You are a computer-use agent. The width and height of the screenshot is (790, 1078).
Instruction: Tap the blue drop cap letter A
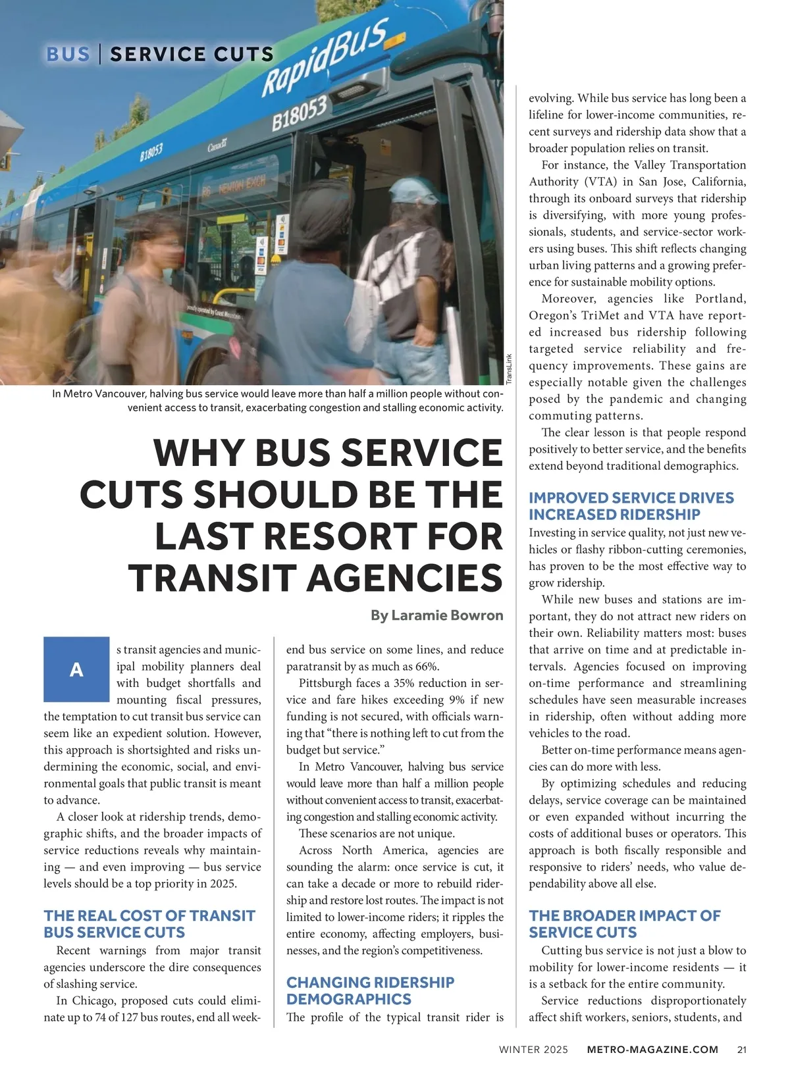coord(76,669)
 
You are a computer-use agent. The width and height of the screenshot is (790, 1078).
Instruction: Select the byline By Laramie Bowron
coord(436,615)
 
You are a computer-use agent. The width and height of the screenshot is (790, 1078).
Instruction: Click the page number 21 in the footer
coord(742,1050)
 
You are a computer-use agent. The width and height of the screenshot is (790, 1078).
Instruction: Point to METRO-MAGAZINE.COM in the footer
coord(652,1050)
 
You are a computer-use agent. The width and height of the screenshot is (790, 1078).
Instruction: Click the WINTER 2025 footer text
coord(533,1050)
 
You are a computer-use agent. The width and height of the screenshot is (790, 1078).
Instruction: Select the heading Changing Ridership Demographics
coord(370,990)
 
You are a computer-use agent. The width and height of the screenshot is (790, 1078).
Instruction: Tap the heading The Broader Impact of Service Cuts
coord(624,924)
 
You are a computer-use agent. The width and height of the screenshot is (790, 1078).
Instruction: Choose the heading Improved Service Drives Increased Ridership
coord(631,506)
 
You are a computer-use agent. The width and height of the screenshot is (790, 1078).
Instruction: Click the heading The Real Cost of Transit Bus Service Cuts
coord(149,924)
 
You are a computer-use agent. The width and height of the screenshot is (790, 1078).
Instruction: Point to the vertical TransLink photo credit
coord(509,370)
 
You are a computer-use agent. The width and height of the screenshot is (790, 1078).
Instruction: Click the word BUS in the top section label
coord(68,54)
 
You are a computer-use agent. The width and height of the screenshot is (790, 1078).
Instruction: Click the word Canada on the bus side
coord(218,145)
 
